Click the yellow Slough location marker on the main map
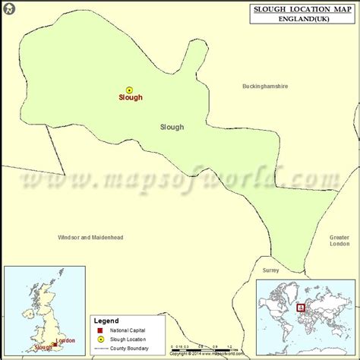pyautogui.click(x=129, y=90)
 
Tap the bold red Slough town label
pyautogui.click(x=130, y=98)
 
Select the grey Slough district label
pyautogui.click(x=172, y=127)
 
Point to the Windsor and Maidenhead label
pyautogui.click(x=90, y=237)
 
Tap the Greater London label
pyautogui.click(x=339, y=240)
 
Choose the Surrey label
pyautogui.click(x=271, y=270)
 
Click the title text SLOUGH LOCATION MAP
pyautogui.click(x=302, y=9)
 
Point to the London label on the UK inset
pyautogui.click(x=65, y=341)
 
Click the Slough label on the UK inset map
pyautogui.click(x=43, y=347)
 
